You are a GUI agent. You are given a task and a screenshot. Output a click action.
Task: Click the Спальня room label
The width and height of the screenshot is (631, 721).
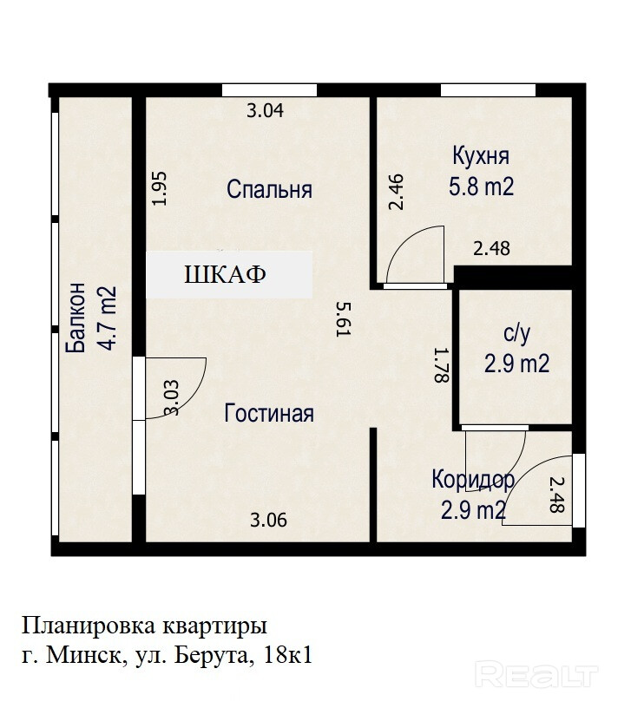(270, 189)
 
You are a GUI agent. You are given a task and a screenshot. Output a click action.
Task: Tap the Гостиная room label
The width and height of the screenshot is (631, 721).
(269, 413)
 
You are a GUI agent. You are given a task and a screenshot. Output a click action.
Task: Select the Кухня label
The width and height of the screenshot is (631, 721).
(481, 157)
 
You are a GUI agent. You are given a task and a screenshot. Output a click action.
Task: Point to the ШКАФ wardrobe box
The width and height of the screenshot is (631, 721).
(229, 274)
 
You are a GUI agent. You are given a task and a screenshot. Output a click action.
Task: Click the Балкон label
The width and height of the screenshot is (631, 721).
(76, 318)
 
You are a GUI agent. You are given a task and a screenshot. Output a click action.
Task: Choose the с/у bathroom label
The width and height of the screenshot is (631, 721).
(516, 333)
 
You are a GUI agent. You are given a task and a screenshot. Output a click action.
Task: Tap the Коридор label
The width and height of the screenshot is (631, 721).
(473, 480)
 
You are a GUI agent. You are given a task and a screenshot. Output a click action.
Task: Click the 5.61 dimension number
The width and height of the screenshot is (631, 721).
(344, 319)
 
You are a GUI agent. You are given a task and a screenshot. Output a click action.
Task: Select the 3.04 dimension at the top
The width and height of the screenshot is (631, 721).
(266, 111)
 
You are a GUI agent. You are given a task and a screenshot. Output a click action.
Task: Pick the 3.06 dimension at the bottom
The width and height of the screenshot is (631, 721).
(268, 520)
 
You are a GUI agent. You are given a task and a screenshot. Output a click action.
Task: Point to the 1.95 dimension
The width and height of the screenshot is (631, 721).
(159, 188)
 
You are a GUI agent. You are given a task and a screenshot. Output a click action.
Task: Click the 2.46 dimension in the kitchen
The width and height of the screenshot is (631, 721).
(396, 193)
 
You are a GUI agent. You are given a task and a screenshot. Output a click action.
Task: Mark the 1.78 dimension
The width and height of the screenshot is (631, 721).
(441, 365)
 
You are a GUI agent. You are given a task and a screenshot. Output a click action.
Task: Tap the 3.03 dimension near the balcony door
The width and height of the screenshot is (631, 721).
(171, 397)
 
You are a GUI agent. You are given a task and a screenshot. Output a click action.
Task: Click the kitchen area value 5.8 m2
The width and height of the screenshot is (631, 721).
(481, 187)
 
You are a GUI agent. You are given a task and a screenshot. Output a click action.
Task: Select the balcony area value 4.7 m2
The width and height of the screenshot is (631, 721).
(106, 318)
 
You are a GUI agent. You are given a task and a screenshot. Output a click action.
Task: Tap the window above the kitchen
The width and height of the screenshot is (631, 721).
(488, 90)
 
